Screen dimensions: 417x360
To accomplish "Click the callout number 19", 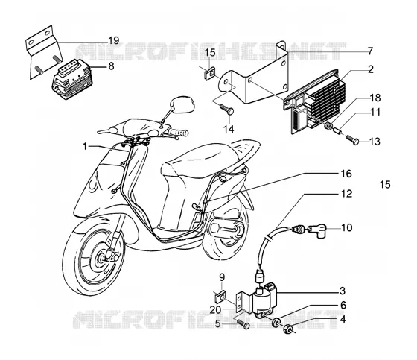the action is click(x=113, y=41).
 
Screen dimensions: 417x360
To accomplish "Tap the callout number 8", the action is click(x=111, y=66).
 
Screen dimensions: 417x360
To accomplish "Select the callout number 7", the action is click(x=370, y=51).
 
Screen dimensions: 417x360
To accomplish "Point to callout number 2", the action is click(x=371, y=69).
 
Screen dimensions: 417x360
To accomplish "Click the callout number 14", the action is click(x=229, y=129).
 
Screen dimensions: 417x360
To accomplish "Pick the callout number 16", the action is click(x=346, y=174).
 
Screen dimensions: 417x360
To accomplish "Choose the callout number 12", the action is click(x=346, y=194).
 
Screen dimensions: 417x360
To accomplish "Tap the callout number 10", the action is click(x=346, y=227).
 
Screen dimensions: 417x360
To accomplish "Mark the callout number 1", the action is click(x=85, y=146).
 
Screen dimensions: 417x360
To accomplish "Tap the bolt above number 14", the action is click(x=227, y=109).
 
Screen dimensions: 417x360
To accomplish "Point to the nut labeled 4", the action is click(x=288, y=329).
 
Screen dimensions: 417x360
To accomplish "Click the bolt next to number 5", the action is click(x=242, y=323).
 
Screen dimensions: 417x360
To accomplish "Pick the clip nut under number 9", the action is click(x=220, y=297).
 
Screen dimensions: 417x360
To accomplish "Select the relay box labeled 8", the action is click(x=71, y=79).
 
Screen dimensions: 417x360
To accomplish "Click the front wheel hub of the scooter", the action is click(x=103, y=257).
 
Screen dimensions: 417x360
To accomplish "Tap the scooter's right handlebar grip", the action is click(x=179, y=133).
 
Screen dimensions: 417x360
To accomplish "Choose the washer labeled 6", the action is click(x=276, y=322).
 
